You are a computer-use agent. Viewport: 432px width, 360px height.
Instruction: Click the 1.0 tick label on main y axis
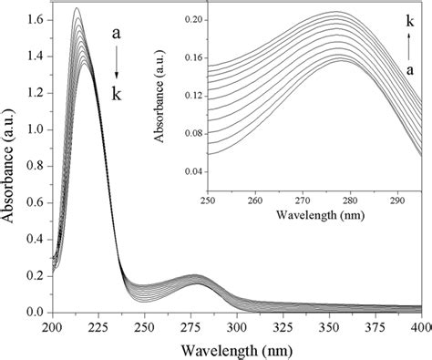click(36, 128)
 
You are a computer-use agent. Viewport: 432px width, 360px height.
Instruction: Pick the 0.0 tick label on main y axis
click(36, 313)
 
